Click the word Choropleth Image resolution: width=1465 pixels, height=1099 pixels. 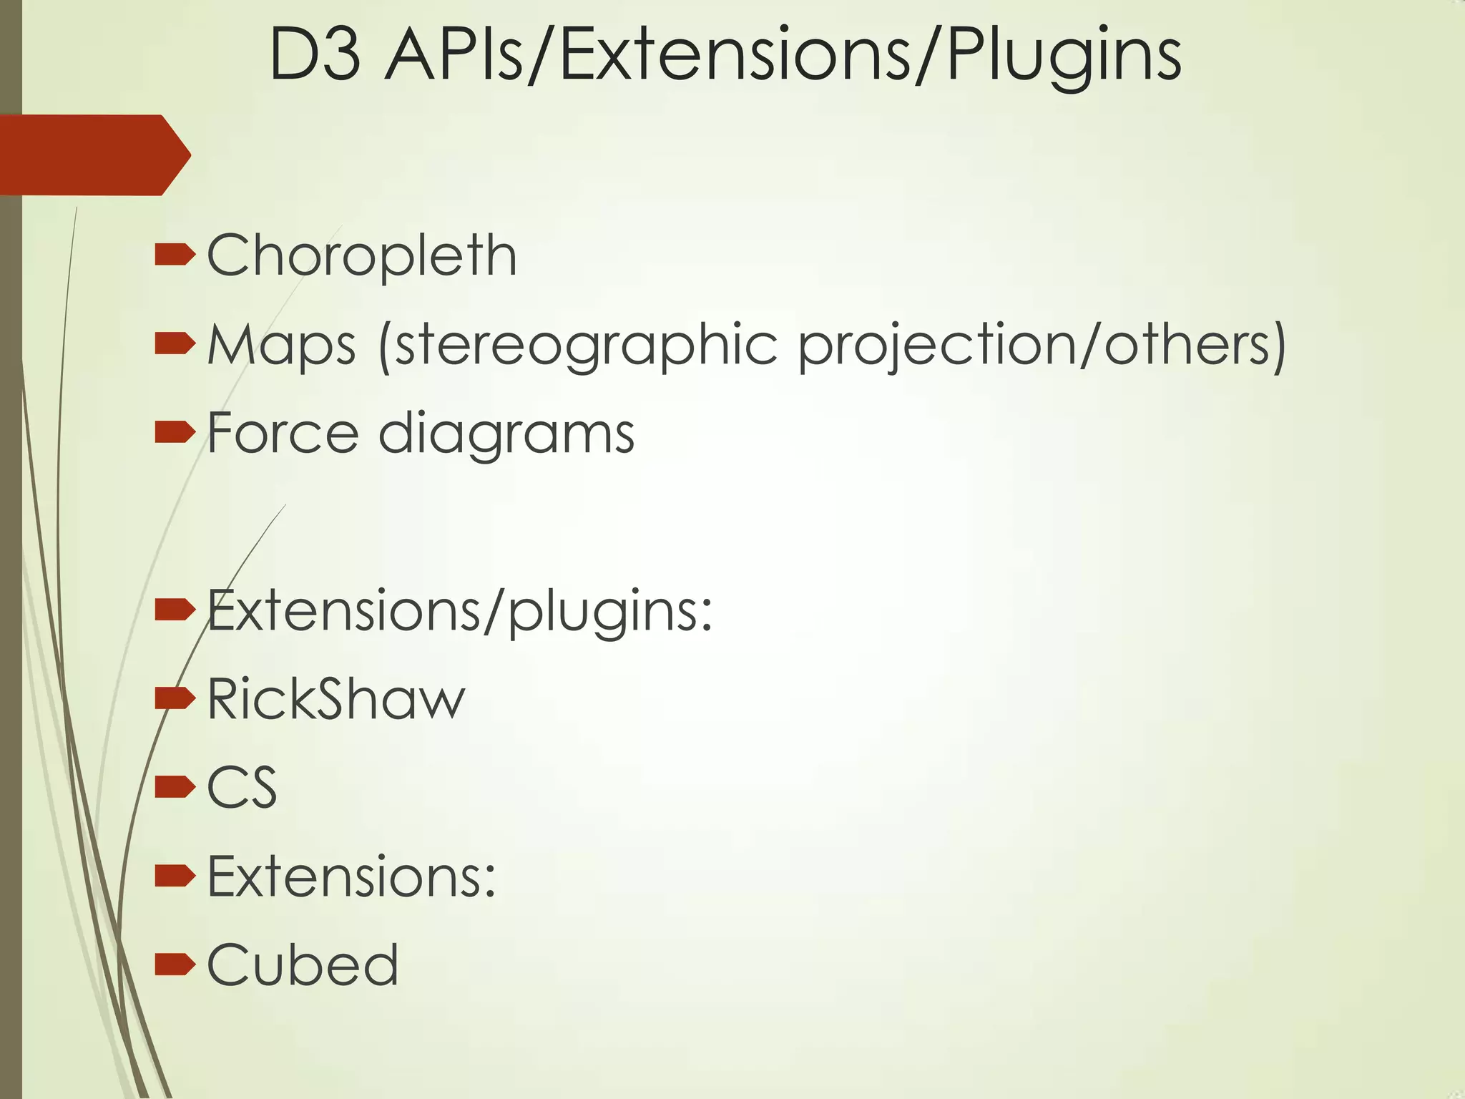point(361,255)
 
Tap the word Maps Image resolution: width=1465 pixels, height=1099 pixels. point(281,345)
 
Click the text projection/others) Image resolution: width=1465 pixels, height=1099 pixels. point(1042,345)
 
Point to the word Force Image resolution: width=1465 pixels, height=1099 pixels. point(283,434)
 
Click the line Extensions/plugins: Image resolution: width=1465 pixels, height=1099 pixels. point(460,610)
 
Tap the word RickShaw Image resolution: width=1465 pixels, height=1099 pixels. point(336,699)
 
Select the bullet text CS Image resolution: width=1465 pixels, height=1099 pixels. point(242,788)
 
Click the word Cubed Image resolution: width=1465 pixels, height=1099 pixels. point(303,965)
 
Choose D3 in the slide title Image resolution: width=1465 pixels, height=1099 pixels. point(315,56)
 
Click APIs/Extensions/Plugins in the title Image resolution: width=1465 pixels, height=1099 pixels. point(783,56)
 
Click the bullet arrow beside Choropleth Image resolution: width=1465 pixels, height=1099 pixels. point(175,255)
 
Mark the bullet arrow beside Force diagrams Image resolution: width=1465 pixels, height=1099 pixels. point(175,432)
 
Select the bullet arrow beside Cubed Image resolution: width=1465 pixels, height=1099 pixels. point(175,964)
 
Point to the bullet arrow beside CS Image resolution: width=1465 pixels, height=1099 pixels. point(175,787)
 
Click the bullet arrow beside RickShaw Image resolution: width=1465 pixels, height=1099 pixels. point(175,698)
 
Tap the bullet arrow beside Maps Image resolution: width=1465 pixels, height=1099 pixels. point(175,343)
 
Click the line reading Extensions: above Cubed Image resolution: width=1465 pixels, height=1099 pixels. point(351,876)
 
